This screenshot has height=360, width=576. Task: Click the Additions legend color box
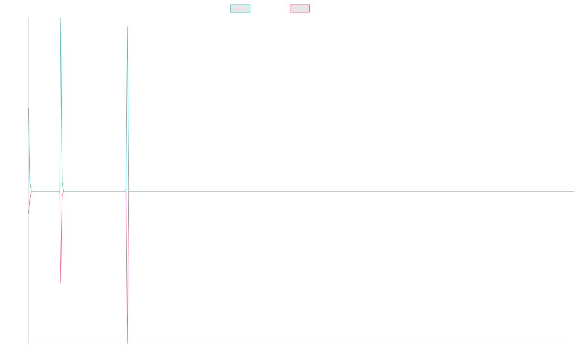(x=240, y=9)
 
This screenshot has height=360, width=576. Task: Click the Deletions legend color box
(x=300, y=9)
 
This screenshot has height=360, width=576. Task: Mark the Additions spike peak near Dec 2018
(x=60, y=18)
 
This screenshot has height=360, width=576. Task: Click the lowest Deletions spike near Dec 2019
(x=127, y=343)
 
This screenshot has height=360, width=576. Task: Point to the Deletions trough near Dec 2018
(x=61, y=283)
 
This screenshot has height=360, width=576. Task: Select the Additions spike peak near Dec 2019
(x=127, y=26)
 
